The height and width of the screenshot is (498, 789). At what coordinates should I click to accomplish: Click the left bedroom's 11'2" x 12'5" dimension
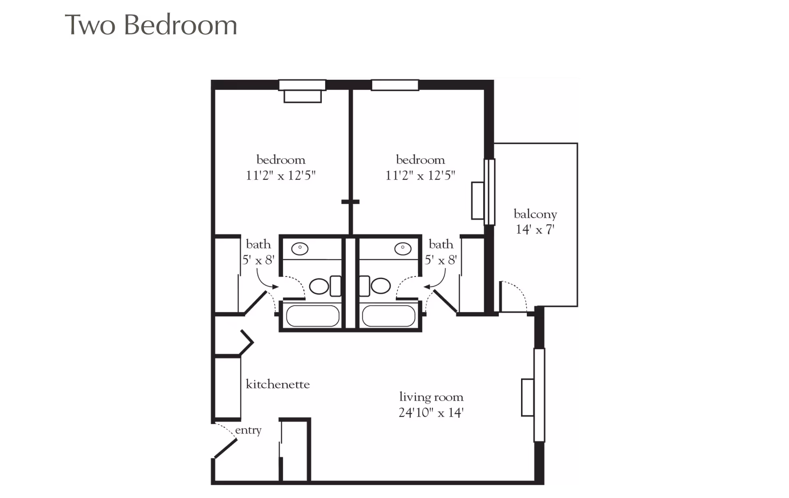281,175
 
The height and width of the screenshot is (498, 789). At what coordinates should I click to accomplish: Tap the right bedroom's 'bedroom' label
420,159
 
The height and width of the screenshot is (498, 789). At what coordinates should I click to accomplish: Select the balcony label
535,214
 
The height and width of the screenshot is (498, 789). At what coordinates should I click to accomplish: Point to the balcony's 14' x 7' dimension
535,229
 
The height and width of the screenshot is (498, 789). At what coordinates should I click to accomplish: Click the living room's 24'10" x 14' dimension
431,413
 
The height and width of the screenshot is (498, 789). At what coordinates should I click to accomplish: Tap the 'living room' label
431,397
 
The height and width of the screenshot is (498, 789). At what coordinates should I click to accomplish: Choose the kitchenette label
277,384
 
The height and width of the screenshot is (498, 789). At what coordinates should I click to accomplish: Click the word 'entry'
248,430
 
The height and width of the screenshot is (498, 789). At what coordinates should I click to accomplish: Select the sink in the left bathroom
300,249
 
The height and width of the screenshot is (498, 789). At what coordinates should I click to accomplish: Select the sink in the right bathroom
403,249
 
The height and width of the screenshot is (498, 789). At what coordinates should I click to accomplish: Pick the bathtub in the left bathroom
312,316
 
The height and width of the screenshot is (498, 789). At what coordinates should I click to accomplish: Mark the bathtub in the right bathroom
388,316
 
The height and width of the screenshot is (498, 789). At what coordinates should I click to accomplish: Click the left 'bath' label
258,244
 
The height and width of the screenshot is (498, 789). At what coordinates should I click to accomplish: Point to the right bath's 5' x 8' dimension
441,260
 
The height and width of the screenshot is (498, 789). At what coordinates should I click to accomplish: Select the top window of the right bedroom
395,85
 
